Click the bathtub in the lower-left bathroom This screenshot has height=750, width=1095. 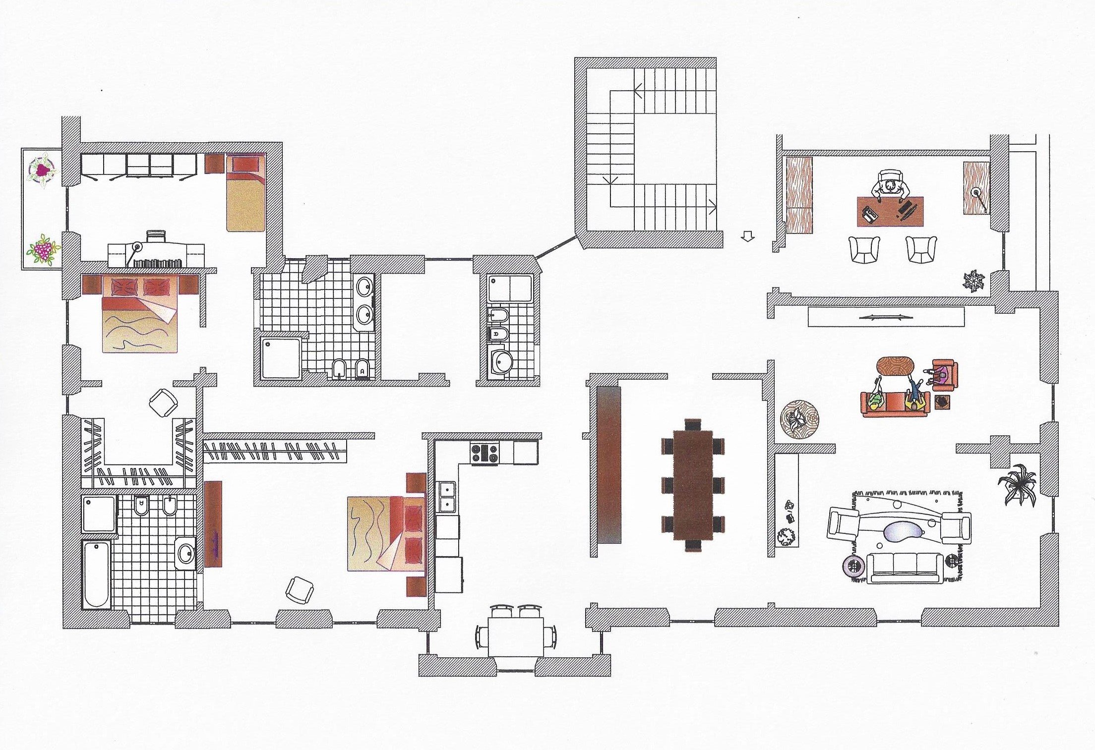tap(97, 575)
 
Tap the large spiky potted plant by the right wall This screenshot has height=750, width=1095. tap(1018, 483)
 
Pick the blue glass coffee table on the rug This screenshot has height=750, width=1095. tap(906, 533)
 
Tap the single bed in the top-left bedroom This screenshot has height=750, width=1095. tap(245, 193)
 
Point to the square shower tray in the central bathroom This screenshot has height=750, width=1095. tap(281, 357)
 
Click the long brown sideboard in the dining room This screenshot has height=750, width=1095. tap(609, 464)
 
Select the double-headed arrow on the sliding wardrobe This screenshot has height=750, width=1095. tap(885, 317)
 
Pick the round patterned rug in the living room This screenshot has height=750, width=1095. tap(799, 419)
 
